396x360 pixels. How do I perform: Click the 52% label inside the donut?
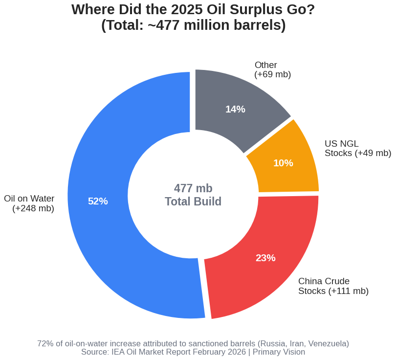tap(98, 201)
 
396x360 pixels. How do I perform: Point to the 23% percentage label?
tap(265, 258)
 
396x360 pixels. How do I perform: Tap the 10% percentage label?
tap(283, 163)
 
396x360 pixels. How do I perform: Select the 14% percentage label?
tap(235, 109)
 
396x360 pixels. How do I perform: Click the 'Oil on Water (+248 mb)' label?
tap(29, 203)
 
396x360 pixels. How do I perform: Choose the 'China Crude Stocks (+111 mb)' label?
tap(333, 286)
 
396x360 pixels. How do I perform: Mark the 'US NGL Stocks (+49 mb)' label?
tap(357, 148)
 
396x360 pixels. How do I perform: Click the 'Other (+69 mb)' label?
tap(272, 69)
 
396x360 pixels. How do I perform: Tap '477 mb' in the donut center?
tap(193, 188)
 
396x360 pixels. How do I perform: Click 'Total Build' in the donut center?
tap(193, 202)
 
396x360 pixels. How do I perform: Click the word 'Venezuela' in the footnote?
tap(328, 343)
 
